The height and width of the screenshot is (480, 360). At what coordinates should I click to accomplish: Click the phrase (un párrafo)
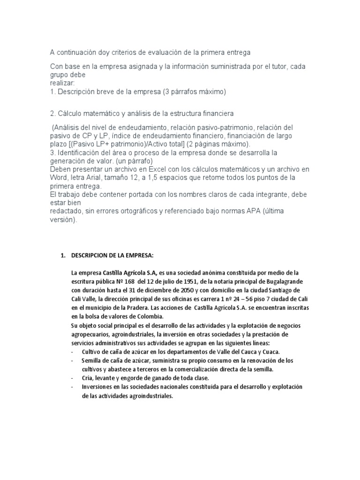tap(137, 160)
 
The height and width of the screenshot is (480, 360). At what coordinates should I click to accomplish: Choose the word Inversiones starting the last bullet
tap(97, 387)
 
